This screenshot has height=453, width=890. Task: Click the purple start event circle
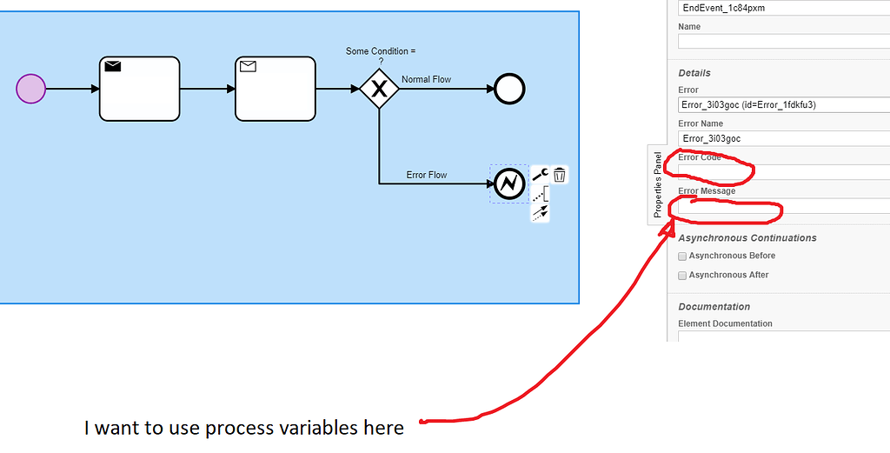30,89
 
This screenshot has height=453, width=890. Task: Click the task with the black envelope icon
139,89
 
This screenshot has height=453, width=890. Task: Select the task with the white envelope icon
275,89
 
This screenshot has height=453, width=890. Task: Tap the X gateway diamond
379,89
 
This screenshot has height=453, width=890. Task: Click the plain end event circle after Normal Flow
509,89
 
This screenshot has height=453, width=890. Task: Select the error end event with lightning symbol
508,183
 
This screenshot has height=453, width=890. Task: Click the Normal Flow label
426,80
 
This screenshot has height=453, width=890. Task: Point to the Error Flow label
426,175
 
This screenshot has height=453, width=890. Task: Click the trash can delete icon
560,175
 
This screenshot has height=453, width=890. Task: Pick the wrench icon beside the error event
540,175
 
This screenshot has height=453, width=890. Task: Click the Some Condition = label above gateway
381,51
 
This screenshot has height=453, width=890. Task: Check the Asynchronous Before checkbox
682,256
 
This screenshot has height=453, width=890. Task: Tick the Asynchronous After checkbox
682,276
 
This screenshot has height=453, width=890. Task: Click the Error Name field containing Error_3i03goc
782,138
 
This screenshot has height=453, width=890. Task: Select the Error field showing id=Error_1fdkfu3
782,105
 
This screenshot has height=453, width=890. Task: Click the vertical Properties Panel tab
658,184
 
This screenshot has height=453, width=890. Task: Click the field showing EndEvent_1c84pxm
782,8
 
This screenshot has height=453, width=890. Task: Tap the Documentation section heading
714,307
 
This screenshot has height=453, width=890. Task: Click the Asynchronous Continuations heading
747,238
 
